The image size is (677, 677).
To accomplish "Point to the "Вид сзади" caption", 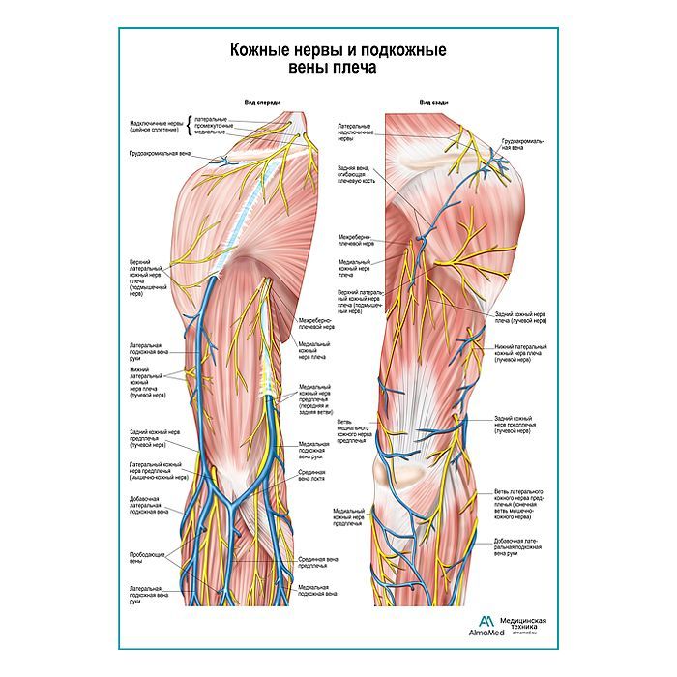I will click(x=432, y=102).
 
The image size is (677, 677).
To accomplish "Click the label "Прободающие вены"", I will click(x=142, y=556).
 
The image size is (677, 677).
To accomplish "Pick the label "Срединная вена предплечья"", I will click(x=318, y=562).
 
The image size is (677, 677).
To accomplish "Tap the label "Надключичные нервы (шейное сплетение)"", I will click(x=157, y=127).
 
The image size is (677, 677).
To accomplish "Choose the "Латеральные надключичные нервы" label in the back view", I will click(x=359, y=132).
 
